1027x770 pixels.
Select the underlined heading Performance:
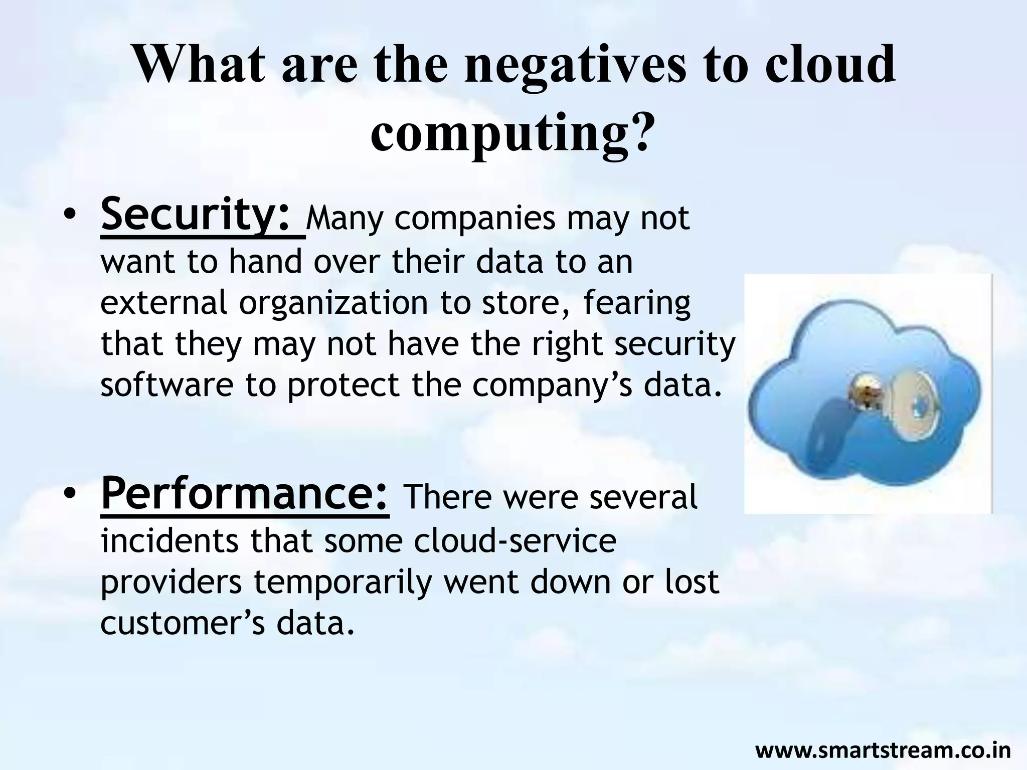coord(245,494)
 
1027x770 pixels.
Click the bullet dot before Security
coord(70,216)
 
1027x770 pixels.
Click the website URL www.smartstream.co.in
coord(883,750)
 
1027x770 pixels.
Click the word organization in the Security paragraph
coord(333,303)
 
